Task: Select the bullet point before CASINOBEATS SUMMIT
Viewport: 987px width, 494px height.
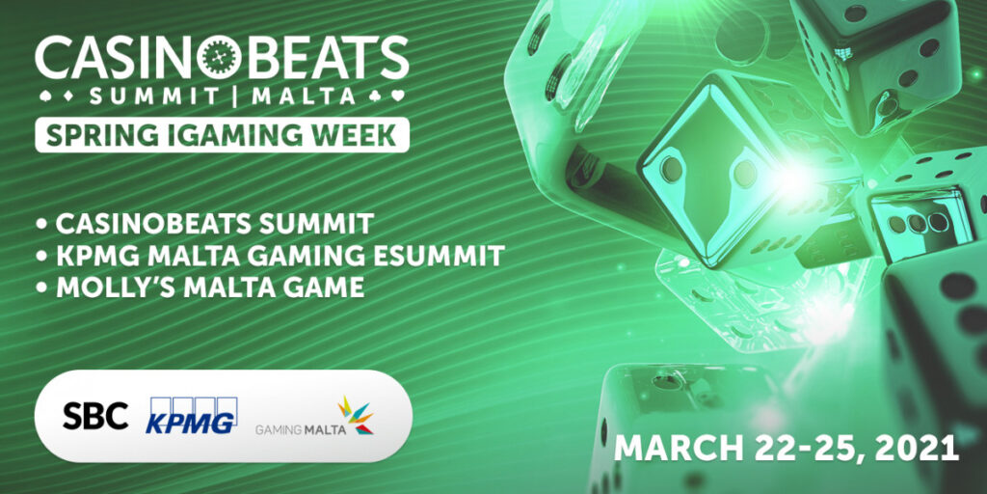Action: click(x=41, y=226)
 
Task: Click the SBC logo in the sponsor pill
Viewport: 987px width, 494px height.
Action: click(x=95, y=416)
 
